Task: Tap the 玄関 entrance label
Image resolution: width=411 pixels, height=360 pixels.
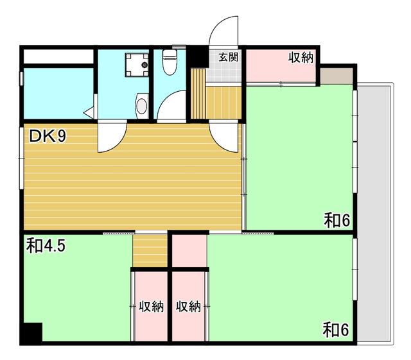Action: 228,56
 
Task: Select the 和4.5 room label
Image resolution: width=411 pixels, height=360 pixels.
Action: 46,245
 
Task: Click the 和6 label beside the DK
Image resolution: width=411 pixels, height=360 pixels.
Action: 336,220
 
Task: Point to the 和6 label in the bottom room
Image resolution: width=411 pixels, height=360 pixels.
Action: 335,331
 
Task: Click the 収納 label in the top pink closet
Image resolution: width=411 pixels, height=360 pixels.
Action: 299,57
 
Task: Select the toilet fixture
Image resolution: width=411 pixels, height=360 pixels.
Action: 170,62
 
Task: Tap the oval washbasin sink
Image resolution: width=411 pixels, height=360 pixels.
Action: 143,104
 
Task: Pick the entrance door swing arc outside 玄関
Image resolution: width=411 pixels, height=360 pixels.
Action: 224,29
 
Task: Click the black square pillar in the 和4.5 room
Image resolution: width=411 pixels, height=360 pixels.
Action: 31,333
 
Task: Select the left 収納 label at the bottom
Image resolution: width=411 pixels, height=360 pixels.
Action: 151,307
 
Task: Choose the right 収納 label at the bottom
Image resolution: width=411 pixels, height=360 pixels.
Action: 189,307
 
